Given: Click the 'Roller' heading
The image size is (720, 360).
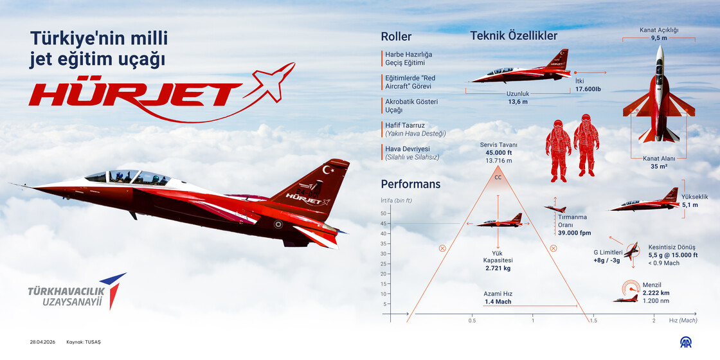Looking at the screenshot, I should [x=396, y=37].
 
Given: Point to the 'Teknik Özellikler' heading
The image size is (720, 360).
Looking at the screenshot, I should [x=514, y=36].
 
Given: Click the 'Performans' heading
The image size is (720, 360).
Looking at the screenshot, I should [x=410, y=184].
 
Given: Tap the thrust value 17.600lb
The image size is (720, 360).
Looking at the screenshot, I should [x=588, y=89].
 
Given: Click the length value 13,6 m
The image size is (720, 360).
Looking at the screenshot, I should [x=517, y=102].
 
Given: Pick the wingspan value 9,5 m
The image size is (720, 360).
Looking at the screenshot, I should [x=658, y=38].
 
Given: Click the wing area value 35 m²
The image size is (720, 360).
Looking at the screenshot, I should [x=659, y=166].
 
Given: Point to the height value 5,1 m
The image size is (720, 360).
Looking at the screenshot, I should [x=690, y=205].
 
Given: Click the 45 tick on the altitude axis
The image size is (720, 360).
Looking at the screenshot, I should [x=402, y=224].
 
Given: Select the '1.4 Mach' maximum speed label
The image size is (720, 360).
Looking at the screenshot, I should [x=498, y=301].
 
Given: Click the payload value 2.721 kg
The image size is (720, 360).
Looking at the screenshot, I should [x=498, y=268].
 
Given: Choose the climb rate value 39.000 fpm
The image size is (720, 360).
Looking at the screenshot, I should [x=574, y=233].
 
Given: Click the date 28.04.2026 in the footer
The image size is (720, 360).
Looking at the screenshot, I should [x=42, y=342].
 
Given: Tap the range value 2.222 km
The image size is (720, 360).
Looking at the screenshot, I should [x=656, y=292].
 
